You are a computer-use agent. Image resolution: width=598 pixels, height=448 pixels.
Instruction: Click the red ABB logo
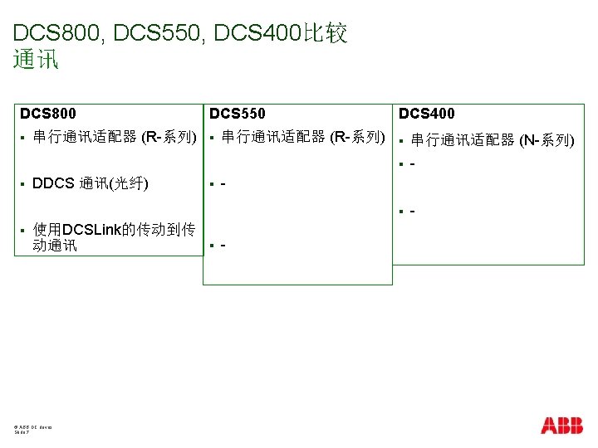click(561, 426)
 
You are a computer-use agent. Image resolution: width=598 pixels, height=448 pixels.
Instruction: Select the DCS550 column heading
click(238, 113)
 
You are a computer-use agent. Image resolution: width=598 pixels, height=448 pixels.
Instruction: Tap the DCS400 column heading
click(427, 113)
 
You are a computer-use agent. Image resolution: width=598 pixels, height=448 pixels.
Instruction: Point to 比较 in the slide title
click(326, 34)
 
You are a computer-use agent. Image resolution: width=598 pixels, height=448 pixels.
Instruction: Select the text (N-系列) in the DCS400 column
click(547, 140)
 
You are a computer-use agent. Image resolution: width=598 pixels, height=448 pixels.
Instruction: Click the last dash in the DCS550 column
click(223, 246)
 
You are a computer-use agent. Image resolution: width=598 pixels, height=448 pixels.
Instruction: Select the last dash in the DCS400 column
click(411, 212)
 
